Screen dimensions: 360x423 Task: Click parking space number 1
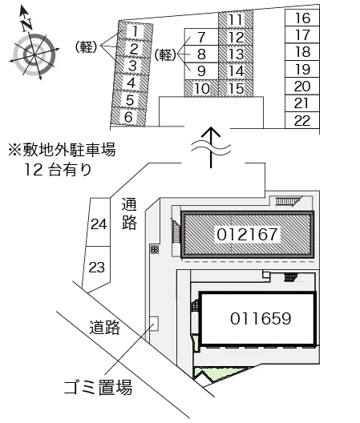136,31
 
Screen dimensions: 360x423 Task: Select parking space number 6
128,117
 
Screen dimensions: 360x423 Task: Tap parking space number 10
201,88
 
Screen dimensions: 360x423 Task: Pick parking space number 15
236,88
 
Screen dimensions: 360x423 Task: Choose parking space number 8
201,54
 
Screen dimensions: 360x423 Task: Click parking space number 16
302,18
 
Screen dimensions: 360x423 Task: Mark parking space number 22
302,120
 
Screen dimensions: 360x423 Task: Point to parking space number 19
302,70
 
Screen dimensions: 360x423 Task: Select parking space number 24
99,223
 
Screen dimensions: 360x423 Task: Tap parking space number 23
96,268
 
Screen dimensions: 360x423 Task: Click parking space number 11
236,19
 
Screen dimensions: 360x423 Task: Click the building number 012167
247,234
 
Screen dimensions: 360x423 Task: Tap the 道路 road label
105,327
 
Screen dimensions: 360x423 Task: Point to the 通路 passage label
129,213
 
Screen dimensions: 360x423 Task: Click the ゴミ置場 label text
99,388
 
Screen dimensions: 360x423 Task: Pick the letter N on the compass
26,24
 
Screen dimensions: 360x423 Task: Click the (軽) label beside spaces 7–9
165,54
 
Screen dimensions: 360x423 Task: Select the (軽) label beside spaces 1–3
86,47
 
